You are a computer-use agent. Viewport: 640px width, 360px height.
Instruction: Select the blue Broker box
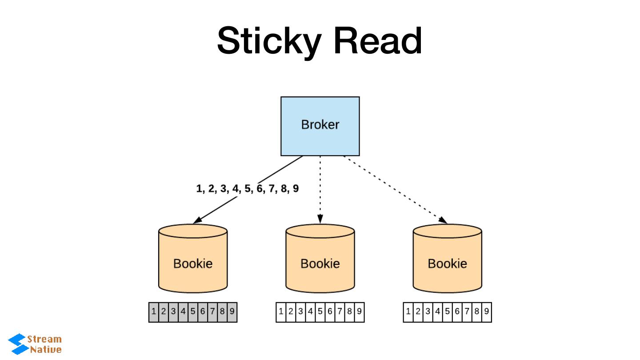pyautogui.click(x=320, y=126)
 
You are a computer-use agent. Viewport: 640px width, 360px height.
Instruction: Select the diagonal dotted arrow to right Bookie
pyautogui.click(x=396, y=190)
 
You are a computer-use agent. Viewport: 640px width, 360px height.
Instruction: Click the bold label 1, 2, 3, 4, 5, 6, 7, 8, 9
pyautogui.click(x=248, y=189)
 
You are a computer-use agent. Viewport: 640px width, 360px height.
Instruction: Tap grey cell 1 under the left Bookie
pyautogui.click(x=154, y=312)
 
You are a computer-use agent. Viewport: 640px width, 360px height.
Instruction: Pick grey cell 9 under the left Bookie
pyautogui.click(x=232, y=312)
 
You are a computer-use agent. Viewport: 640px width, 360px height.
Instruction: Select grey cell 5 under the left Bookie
pyautogui.click(x=193, y=312)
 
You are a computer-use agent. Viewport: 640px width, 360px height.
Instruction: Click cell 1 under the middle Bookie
pyautogui.click(x=281, y=312)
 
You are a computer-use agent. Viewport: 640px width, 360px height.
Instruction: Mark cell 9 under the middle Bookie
pyautogui.click(x=359, y=312)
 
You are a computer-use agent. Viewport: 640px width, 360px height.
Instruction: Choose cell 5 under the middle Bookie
pyautogui.click(x=320, y=312)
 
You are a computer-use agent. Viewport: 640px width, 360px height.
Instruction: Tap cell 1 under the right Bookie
pyautogui.click(x=408, y=312)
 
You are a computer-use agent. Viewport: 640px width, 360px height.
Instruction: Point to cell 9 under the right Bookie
pyautogui.click(x=487, y=312)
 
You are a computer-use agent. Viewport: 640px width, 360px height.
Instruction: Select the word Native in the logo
pyautogui.click(x=46, y=349)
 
